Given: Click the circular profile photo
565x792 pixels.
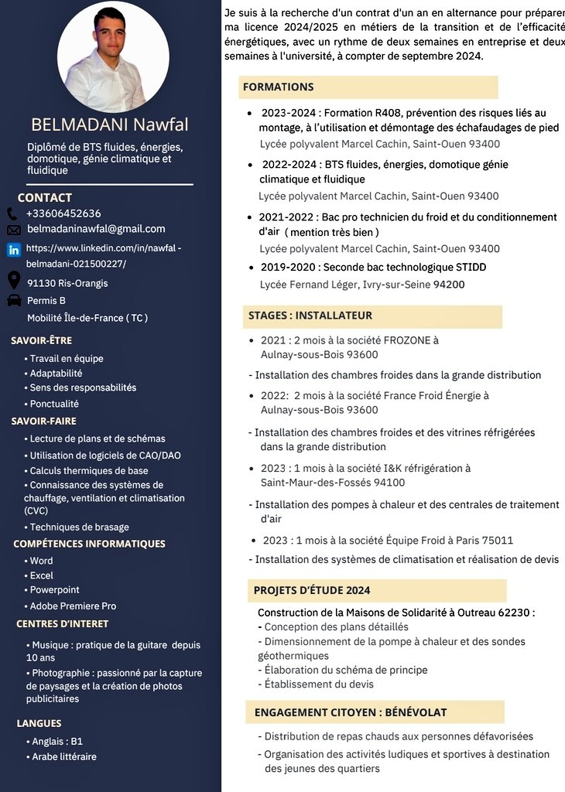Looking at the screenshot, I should (x=113, y=56).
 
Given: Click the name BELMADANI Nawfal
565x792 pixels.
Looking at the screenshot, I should (x=109, y=125).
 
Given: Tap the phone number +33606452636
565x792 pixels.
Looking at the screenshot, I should (x=63, y=213).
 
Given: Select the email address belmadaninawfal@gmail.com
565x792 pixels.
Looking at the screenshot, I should (x=96, y=229).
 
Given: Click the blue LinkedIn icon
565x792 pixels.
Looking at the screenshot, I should (x=14, y=250).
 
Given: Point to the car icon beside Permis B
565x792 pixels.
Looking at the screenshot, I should (x=14, y=300).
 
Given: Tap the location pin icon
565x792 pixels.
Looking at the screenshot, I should (x=14, y=280).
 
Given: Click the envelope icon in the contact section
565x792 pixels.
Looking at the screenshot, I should (x=14, y=230).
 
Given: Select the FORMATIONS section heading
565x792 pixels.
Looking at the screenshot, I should (x=279, y=87).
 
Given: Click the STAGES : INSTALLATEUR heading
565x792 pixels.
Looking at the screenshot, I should (x=310, y=316).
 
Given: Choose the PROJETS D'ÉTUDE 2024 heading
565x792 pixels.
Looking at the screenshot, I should (x=312, y=590).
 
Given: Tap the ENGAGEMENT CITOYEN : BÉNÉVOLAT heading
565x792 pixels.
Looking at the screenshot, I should (x=351, y=712).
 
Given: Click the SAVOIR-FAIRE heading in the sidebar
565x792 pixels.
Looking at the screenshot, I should (x=44, y=421).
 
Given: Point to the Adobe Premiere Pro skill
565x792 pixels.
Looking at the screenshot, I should (x=73, y=606).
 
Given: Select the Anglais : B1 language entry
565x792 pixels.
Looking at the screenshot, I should (x=57, y=741).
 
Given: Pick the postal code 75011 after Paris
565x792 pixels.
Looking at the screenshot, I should (x=495, y=540).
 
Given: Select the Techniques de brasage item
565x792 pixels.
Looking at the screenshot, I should (x=79, y=527).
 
